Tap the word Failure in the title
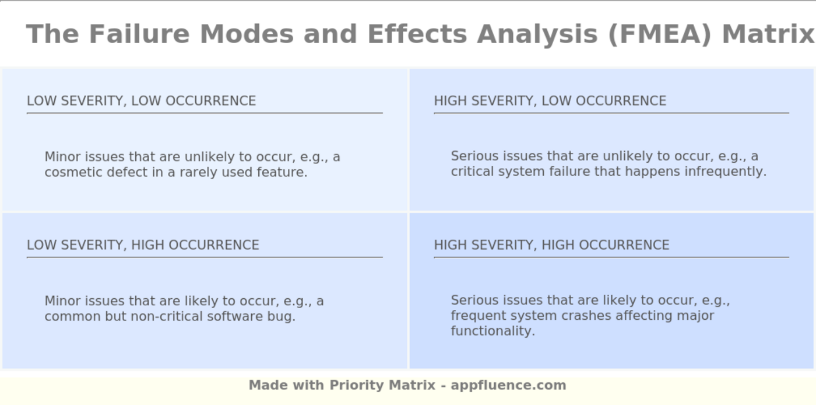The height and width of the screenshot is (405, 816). click(x=139, y=34)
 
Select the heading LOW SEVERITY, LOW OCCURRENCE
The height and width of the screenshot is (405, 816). click(x=141, y=100)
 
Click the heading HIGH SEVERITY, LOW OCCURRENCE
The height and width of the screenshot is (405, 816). click(x=550, y=100)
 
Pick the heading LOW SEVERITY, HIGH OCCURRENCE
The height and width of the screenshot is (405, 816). click(x=143, y=245)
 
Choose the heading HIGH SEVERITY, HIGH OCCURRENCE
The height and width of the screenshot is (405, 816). click(x=551, y=245)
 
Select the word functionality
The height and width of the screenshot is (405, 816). click(x=493, y=331)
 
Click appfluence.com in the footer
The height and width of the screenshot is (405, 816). click(x=508, y=385)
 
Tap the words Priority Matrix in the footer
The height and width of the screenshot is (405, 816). click(x=382, y=385)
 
